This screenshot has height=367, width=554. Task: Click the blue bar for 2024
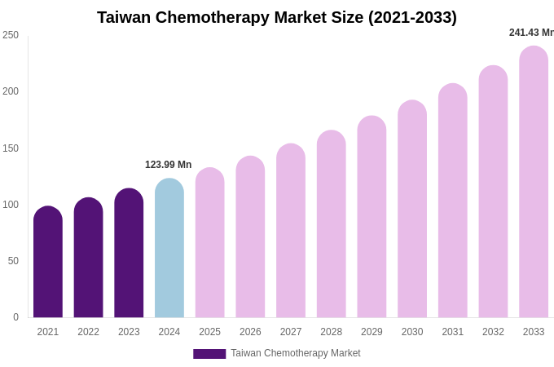coord(169,249)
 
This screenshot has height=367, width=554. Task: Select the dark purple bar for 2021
coord(48,263)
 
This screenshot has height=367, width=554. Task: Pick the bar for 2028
coord(332,224)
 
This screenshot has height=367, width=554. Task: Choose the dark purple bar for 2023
coord(129,254)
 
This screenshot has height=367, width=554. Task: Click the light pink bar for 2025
coord(209,243)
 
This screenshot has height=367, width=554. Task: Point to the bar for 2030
coord(412,210)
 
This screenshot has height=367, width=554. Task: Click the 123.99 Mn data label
coord(168,165)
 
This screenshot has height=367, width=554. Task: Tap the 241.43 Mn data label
coord(531,33)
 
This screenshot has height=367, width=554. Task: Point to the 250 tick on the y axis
coord(11,35)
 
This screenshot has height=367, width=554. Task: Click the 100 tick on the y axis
coord(11,205)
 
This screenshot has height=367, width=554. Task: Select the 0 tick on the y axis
coord(15,317)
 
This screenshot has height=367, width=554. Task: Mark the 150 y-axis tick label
coord(11,148)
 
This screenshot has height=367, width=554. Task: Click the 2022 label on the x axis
coord(88,332)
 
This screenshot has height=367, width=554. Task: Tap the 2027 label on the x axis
coord(291,332)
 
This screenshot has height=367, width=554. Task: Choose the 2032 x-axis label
coord(493,332)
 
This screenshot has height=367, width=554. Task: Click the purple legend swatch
coord(209,354)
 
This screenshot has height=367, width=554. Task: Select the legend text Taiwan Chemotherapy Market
coord(295,353)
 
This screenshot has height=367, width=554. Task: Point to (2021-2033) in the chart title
coord(412,17)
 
